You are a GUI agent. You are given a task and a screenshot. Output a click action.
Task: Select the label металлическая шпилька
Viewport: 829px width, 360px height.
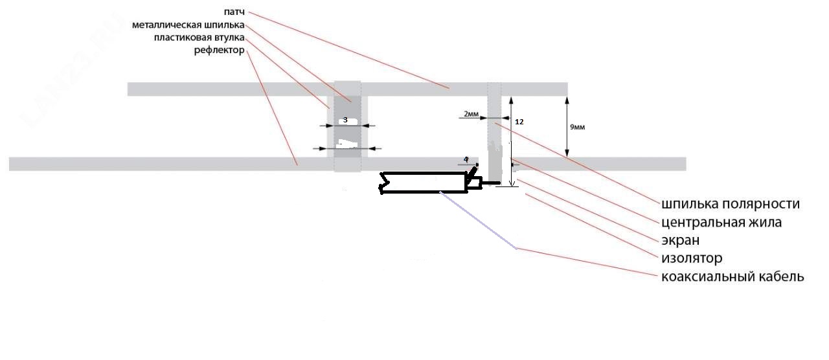188,25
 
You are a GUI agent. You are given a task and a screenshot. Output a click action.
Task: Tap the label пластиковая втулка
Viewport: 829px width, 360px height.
199,38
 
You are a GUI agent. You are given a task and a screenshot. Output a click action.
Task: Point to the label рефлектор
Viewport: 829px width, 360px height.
219,51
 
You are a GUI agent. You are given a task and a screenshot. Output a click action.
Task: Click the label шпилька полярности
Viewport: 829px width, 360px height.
731,204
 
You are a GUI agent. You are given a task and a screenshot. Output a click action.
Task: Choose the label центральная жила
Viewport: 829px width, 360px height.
721,222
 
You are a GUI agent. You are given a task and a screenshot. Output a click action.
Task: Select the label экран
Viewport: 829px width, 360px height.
680,240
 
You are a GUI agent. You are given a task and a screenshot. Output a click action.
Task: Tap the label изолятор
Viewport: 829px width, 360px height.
692,258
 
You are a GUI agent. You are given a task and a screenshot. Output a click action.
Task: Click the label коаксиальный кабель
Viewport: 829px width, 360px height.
732,276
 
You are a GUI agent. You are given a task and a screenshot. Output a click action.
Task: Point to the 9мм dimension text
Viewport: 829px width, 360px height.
577,128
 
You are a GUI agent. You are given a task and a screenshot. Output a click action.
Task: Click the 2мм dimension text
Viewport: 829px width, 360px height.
471,114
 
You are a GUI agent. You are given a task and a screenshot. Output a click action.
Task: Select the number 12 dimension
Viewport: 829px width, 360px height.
519,121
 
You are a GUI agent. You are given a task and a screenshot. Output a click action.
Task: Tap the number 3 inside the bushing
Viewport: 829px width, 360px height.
345,120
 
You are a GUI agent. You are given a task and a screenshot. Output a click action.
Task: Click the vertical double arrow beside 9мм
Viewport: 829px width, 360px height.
567,127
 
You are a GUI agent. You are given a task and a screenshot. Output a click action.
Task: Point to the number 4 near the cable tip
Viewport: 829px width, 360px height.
466,159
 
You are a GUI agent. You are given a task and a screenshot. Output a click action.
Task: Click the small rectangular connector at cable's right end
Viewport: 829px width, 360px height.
474,184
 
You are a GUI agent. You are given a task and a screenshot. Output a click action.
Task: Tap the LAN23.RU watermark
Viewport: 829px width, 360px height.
65,78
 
